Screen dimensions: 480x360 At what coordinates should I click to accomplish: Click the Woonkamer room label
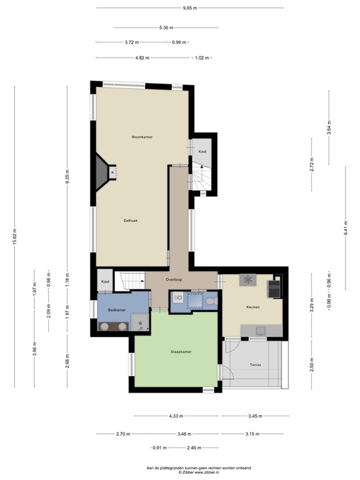click(x=142, y=137)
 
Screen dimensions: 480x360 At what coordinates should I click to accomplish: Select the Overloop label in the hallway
click(x=174, y=279)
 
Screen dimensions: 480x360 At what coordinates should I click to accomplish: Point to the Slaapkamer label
click(x=181, y=352)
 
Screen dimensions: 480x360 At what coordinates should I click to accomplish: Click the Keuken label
click(x=252, y=307)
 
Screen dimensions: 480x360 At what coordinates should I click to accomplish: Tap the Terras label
click(x=255, y=364)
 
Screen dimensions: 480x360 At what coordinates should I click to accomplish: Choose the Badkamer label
click(x=117, y=310)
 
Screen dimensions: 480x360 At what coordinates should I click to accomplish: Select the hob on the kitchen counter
click(x=247, y=279)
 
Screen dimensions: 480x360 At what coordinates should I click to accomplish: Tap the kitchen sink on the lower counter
click(x=259, y=329)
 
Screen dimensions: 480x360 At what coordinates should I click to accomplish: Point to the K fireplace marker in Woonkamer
click(x=112, y=172)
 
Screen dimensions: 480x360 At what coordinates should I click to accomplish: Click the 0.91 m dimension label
click(x=160, y=447)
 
